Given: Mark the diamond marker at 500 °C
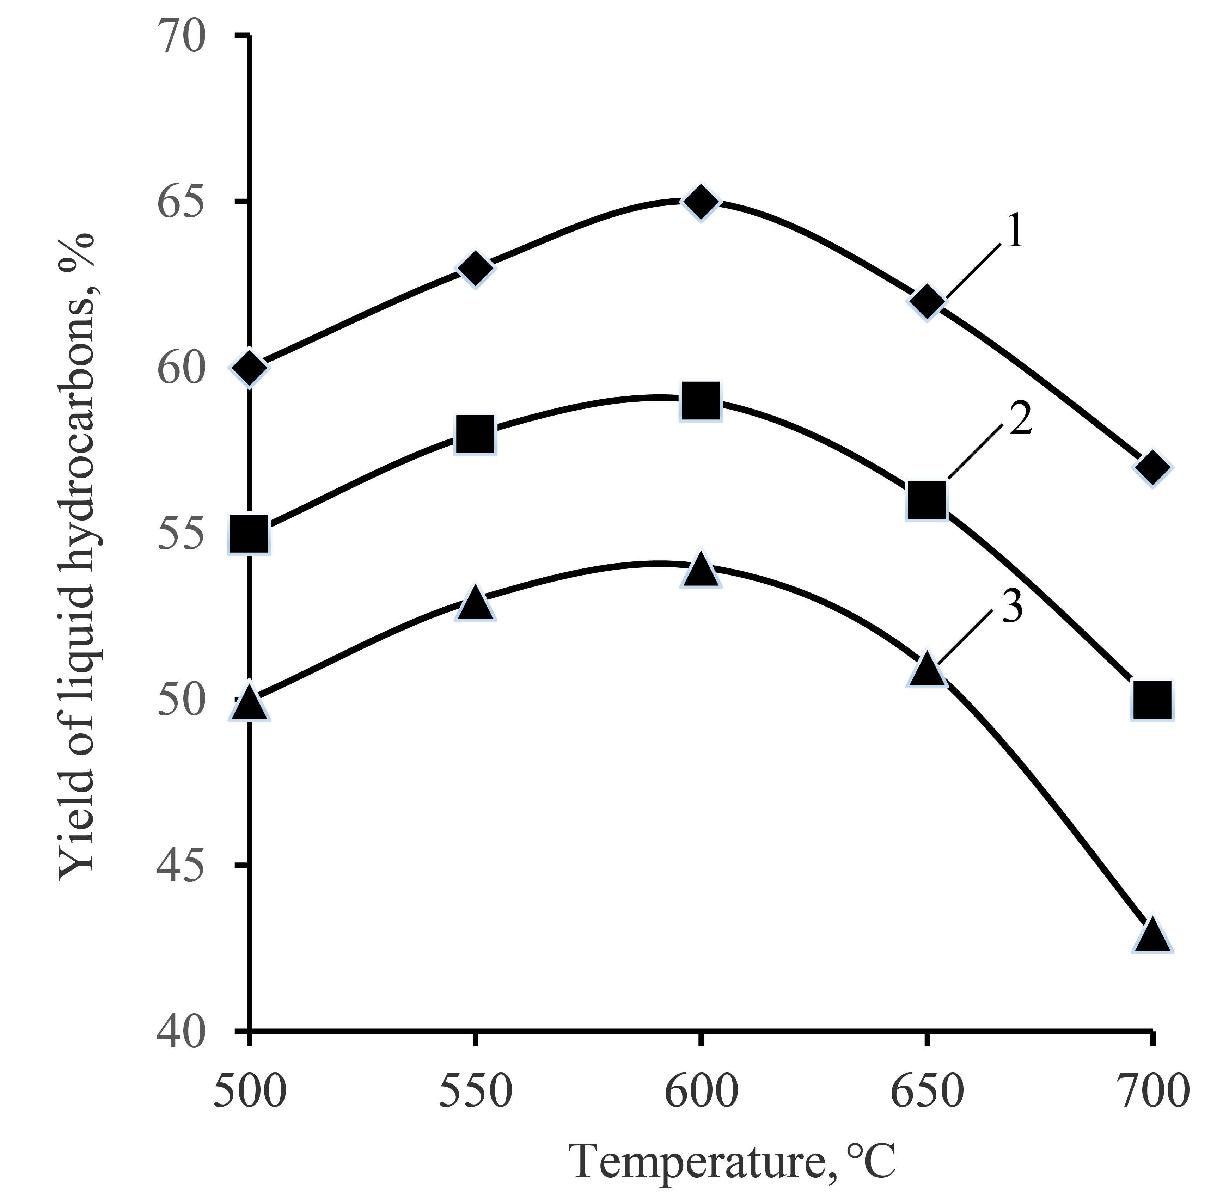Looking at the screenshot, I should pos(250,368).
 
